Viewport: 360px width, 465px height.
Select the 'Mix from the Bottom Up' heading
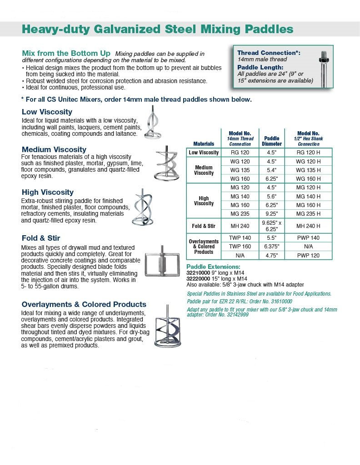coord(66,54)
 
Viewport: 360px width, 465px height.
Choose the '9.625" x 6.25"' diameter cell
coord(272,226)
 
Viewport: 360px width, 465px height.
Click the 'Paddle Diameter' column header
coord(272,141)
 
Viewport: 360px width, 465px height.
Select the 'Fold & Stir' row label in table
coord(203,226)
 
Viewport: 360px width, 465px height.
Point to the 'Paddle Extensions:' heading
coord(213,267)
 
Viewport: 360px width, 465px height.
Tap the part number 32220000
coord(198,278)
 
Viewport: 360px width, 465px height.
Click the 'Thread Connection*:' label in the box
coord(269,53)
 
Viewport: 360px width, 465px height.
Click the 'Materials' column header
coord(203,144)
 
